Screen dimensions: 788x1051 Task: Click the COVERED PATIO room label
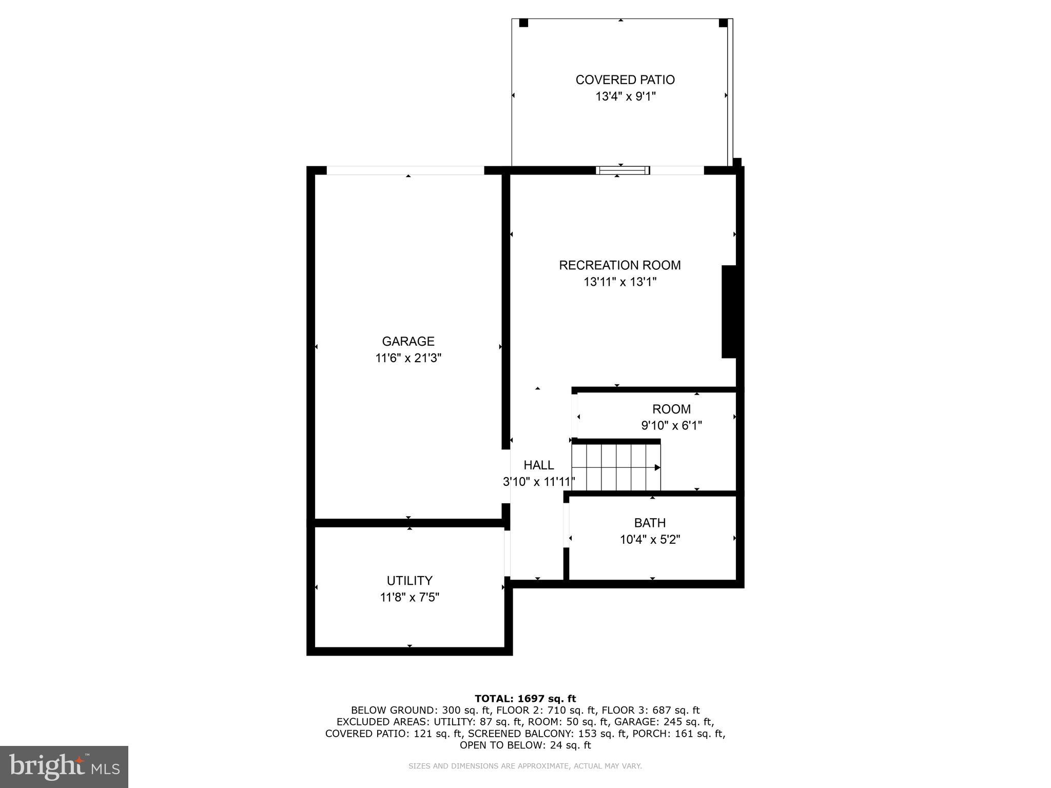coord(625,80)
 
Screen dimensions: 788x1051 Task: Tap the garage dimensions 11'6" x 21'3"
coord(408,358)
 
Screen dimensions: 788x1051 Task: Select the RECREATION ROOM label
coord(619,265)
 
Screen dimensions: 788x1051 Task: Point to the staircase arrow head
coord(657,467)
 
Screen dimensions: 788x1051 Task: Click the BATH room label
coord(650,523)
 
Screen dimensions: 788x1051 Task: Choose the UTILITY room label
coord(409,580)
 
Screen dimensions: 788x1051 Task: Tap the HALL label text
coord(538,465)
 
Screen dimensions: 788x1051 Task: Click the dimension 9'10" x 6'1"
coord(671,425)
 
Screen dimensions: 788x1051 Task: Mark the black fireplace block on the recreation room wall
coord(729,311)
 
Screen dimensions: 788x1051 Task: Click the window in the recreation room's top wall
coord(622,170)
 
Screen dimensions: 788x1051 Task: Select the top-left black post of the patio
coord(523,23)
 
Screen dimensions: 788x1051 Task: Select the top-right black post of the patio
coord(723,23)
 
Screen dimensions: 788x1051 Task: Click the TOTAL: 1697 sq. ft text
coord(525,698)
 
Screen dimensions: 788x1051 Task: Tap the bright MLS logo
coord(64,766)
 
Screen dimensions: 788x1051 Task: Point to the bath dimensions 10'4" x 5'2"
coord(650,540)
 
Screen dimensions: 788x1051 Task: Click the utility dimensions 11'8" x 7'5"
coord(409,597)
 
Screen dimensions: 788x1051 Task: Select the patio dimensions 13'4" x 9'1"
coord(625,96)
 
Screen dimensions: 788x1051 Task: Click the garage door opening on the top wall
coord(405,170)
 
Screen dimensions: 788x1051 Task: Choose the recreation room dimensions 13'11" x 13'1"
coord(619,282)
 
